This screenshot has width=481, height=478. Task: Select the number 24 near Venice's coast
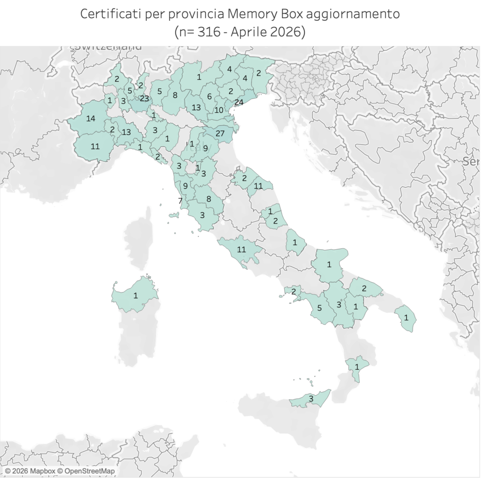click(239, 102)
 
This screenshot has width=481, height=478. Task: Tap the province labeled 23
click(144, 98)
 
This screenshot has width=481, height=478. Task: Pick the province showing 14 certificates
click(91, 118)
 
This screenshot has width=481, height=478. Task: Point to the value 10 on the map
click(219, 111)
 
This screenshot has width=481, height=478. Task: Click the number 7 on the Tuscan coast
click(180, 201)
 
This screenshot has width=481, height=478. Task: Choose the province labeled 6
click(209, 97)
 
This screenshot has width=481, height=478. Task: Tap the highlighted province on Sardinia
click(136, 295)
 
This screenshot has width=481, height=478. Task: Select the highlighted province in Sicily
click(310, 399)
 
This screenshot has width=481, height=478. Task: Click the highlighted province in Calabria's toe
click(357, 366)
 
